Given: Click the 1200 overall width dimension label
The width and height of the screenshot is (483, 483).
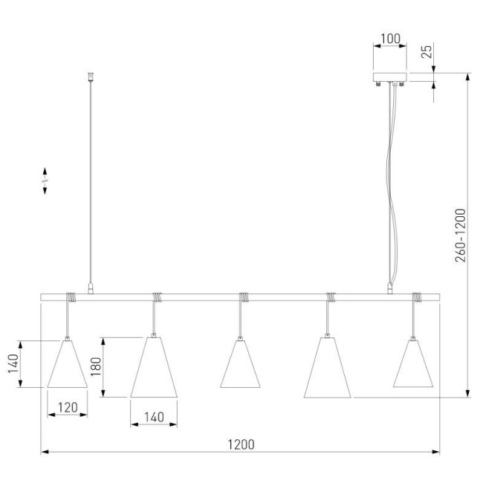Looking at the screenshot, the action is (x=241, y=444).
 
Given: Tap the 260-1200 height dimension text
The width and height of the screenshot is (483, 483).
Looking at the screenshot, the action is (x=461, y=236).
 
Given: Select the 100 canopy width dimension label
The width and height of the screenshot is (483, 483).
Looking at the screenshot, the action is (x=391, y=39).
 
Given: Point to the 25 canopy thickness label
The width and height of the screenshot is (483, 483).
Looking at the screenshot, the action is (x=427, y=52).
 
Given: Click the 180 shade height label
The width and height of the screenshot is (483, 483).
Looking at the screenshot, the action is (x=96, y=366).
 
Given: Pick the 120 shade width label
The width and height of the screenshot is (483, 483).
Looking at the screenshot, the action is (x=68, y=407).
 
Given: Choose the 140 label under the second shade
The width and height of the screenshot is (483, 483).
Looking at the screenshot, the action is (x=154, y=418).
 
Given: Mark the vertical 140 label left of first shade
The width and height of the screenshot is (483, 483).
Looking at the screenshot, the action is (x=13, y=363).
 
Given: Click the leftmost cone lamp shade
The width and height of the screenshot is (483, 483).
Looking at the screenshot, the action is (x=67, y=364).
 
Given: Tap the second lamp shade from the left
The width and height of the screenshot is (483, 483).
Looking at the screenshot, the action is (x=154, y=367).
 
